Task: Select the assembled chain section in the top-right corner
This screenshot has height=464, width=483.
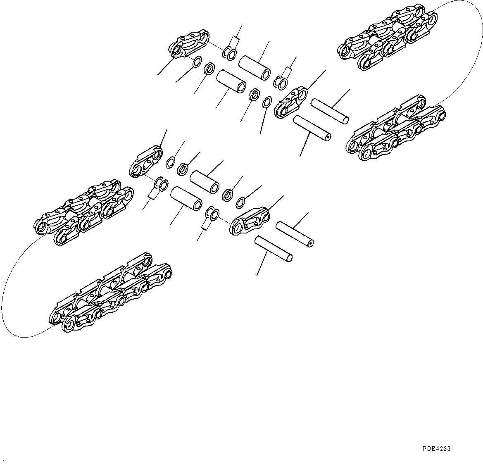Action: [386, 40]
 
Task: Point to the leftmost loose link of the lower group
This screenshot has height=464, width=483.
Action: [145, 161]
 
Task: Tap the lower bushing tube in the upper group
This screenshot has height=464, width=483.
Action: [231, 82]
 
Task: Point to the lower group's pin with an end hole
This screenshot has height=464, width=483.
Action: [295, 234]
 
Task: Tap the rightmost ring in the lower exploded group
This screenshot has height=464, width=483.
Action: [240, 202]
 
